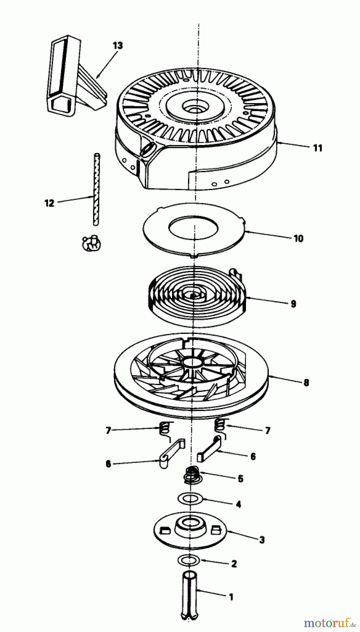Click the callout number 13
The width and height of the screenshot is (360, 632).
click(118, 46)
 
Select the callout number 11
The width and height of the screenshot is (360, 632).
click(317, 148)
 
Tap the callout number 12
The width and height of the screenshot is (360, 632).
click(49, 203)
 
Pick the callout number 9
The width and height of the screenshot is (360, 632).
click(293, 303)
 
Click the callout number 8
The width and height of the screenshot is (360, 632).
click(306, 382)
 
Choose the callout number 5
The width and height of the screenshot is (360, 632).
click(240, 479)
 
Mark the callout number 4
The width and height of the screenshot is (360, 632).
click(238, 504)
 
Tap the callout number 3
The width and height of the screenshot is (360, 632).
click(262, 540)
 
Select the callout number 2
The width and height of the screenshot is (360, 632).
click(234, 564)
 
